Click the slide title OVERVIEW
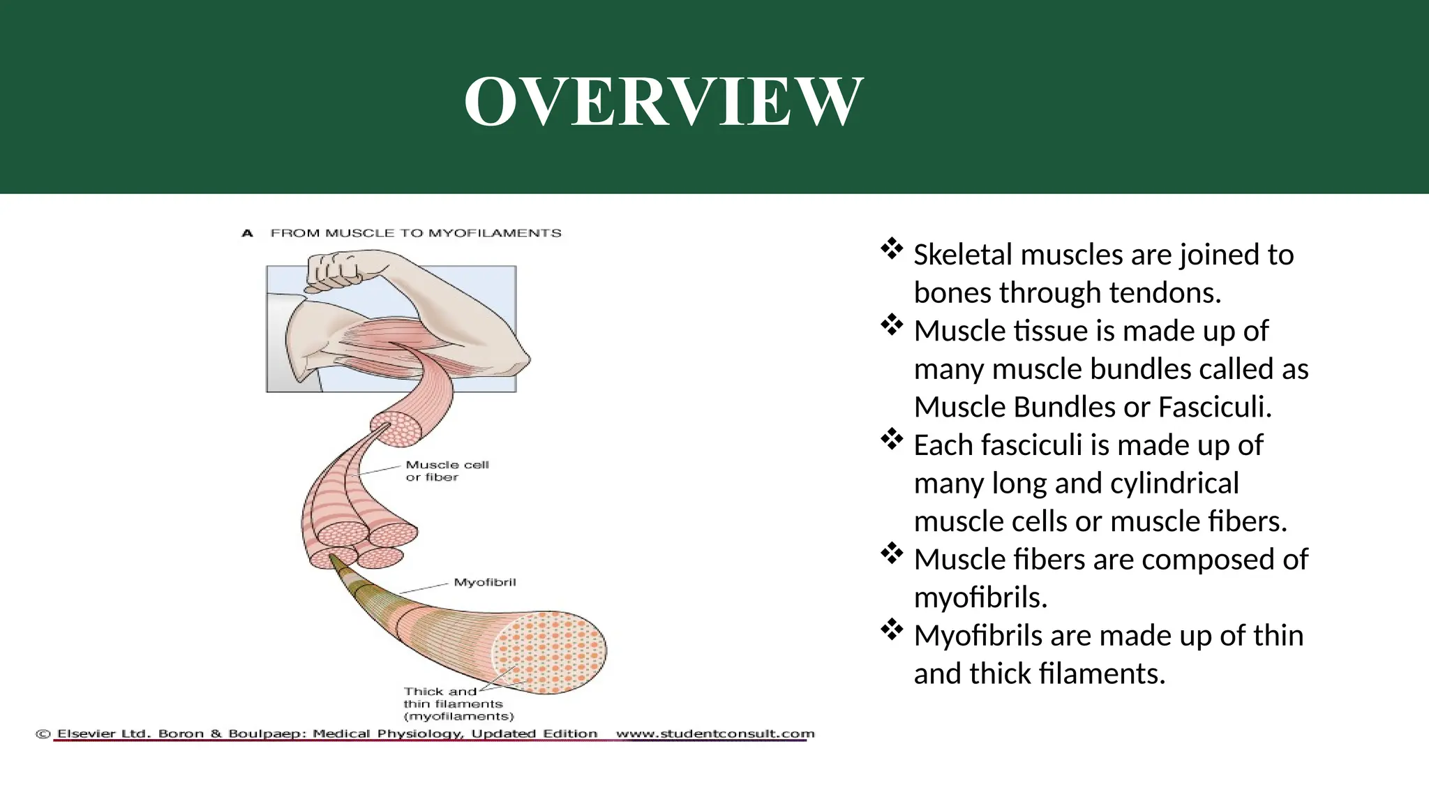(664, 102)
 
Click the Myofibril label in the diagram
(484, 582)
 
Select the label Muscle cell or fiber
(447, 471)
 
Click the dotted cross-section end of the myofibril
(549, 652)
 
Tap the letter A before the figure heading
(247, 233)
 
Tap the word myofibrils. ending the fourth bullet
(980, 598)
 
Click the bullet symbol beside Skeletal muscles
(892, 249)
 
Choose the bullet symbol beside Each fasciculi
(892, 440)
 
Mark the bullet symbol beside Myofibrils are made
(892, 630)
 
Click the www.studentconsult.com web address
(714, 734)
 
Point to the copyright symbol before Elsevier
(43, 734)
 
